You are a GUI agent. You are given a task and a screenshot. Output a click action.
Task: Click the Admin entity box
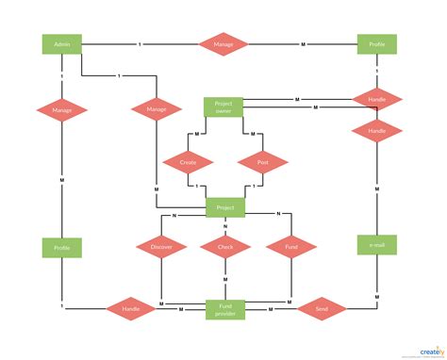point(61,44)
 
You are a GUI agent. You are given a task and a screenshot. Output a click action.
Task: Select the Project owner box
point(223,107)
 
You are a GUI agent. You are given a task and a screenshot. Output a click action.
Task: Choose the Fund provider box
point(225,309)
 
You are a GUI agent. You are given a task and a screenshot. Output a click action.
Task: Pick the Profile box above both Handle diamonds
point(377,44)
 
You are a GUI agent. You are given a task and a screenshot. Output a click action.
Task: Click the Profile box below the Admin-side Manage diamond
point(61,248)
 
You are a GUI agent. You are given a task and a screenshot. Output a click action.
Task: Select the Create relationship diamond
point(188,162)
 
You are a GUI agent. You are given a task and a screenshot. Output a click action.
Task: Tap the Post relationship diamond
point(261,162)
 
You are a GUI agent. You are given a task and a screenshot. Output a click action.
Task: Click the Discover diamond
point(161,248)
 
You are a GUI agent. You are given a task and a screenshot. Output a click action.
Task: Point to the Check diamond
point(225,248)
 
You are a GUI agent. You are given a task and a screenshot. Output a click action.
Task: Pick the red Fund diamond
point(289,248)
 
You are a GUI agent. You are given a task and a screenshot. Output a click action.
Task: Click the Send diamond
point(320,308)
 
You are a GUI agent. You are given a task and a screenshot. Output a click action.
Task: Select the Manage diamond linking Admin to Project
point(157,110)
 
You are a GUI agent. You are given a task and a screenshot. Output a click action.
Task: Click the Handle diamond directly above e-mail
point(377,131)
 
